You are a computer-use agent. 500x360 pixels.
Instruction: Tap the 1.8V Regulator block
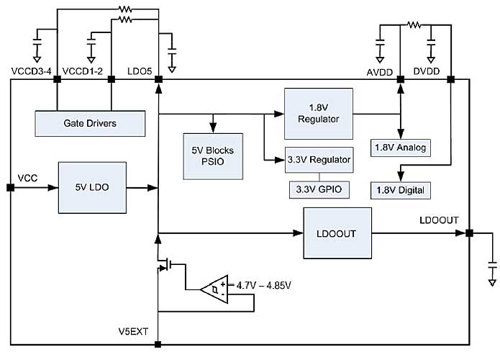[x=318, y=114]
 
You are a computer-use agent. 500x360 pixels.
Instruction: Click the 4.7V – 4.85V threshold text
[x=265, y=284]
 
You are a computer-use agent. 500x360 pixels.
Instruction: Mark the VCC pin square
[x=10, y=187]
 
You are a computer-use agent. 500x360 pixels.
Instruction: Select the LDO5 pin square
[x=158, y=80]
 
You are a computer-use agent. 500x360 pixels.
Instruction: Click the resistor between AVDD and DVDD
[x=413, y=24]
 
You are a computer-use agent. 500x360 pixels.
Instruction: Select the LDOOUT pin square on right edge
[x=468, y=233]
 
